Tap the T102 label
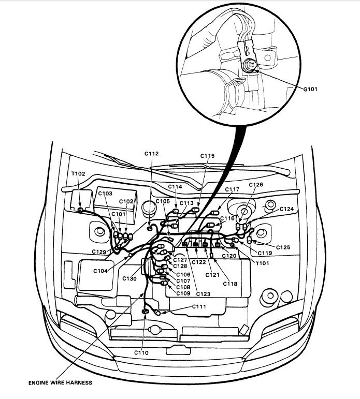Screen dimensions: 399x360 (78, 174)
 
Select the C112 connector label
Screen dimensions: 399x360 (152, 153)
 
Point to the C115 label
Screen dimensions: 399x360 (207, 156)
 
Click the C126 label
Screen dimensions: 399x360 (256, 185)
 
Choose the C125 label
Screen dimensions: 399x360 (283, 247)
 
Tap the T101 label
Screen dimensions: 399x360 (264, 262)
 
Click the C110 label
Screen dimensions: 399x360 (141, 352)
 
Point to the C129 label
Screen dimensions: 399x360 (100, 252)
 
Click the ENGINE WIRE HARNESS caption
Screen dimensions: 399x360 (61, 383)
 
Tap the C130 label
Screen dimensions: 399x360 (130, 278)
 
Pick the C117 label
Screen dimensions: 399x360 (232, 189)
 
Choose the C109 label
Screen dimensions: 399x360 (183, 293)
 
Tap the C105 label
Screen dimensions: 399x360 (162, 201)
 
